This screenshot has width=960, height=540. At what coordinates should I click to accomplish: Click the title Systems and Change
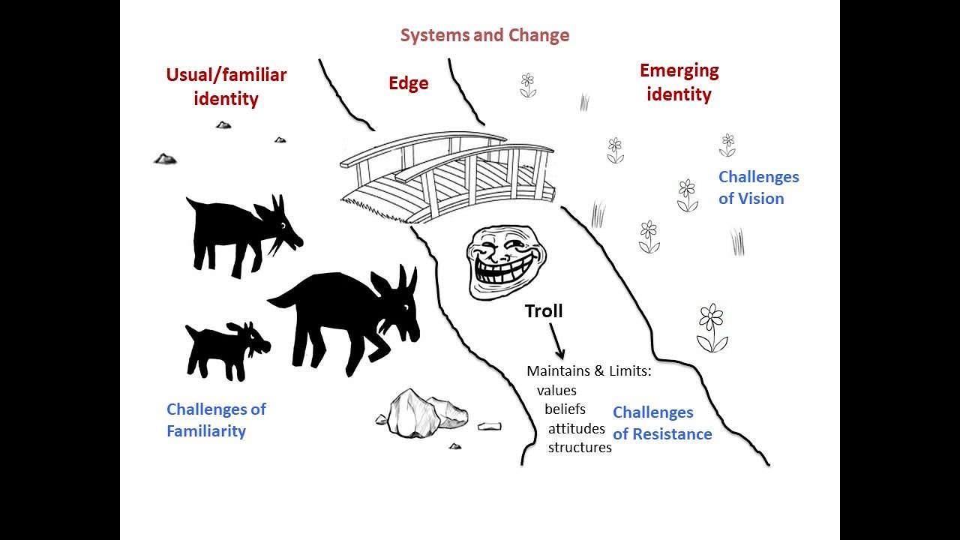coord(484,35)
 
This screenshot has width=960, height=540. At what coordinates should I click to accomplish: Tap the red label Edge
coord(408,83)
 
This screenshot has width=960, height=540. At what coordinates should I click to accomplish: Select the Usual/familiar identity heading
coord(226,86)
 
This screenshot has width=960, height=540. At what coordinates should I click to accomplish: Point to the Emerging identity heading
coord(679,82)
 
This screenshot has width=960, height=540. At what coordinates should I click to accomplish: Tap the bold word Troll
coord(544,311)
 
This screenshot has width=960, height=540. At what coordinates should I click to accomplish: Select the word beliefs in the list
coord(565,409)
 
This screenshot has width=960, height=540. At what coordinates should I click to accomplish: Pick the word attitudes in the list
coord(576,429)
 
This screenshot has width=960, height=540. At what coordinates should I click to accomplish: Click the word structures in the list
coord(580,448)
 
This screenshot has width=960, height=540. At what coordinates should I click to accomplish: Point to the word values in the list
coord(556,390)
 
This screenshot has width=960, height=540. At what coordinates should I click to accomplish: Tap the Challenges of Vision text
coord(758,187)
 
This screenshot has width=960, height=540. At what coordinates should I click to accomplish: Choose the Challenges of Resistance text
coord(661,423)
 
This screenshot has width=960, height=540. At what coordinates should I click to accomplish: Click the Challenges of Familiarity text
coord(216,420)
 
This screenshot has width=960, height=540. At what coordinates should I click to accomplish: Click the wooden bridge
coord(448,176)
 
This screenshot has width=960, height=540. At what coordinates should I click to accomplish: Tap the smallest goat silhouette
coord(225,349)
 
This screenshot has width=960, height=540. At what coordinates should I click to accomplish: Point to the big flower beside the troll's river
coord(712,328)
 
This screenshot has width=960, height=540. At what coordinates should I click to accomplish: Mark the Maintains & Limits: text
coord(588,371)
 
